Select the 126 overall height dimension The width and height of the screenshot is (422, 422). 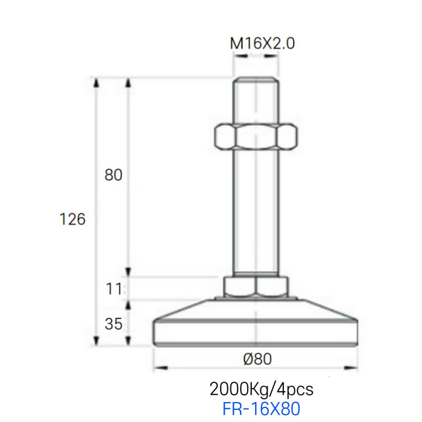[x=73, y=219]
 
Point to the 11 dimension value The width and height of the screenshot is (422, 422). [x=113, y=289]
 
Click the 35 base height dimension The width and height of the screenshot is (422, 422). [x=113, y=324]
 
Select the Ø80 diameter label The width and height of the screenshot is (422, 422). [x=257, y=359]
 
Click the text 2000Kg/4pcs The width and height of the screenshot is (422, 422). [x=261, y=387]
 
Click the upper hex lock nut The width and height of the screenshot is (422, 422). [x=257, y=137]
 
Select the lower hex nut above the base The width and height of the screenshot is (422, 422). [x=256, y=286]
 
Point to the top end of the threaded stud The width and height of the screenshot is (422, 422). [x=257, y=81]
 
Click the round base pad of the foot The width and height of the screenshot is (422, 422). [x=256, y=332]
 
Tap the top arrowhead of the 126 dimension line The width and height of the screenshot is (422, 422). [x=96, y=81]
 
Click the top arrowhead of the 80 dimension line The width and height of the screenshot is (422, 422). [x=128, y=81]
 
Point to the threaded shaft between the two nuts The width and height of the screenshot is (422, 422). [x=257, y=211]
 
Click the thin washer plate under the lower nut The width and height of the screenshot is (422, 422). [x=256, y=297]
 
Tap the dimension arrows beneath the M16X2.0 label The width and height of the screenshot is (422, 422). [x=257, y=56]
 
